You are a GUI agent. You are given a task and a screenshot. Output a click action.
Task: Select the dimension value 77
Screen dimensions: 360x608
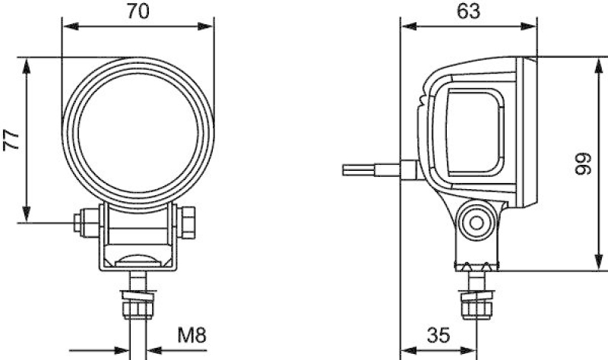11,139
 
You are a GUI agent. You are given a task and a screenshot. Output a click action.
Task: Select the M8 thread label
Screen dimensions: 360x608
192,334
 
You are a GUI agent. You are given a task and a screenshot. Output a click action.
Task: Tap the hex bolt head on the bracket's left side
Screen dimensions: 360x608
79,222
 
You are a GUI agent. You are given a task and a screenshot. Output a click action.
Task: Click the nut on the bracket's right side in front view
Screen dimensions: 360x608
188,222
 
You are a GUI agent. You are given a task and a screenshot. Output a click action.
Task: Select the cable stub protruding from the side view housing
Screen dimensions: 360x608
372,168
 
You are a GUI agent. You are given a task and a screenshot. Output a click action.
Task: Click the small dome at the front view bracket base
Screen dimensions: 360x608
138,259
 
